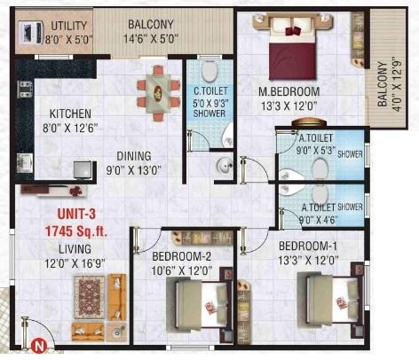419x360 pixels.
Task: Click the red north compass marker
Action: click(x=37, y=347)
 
